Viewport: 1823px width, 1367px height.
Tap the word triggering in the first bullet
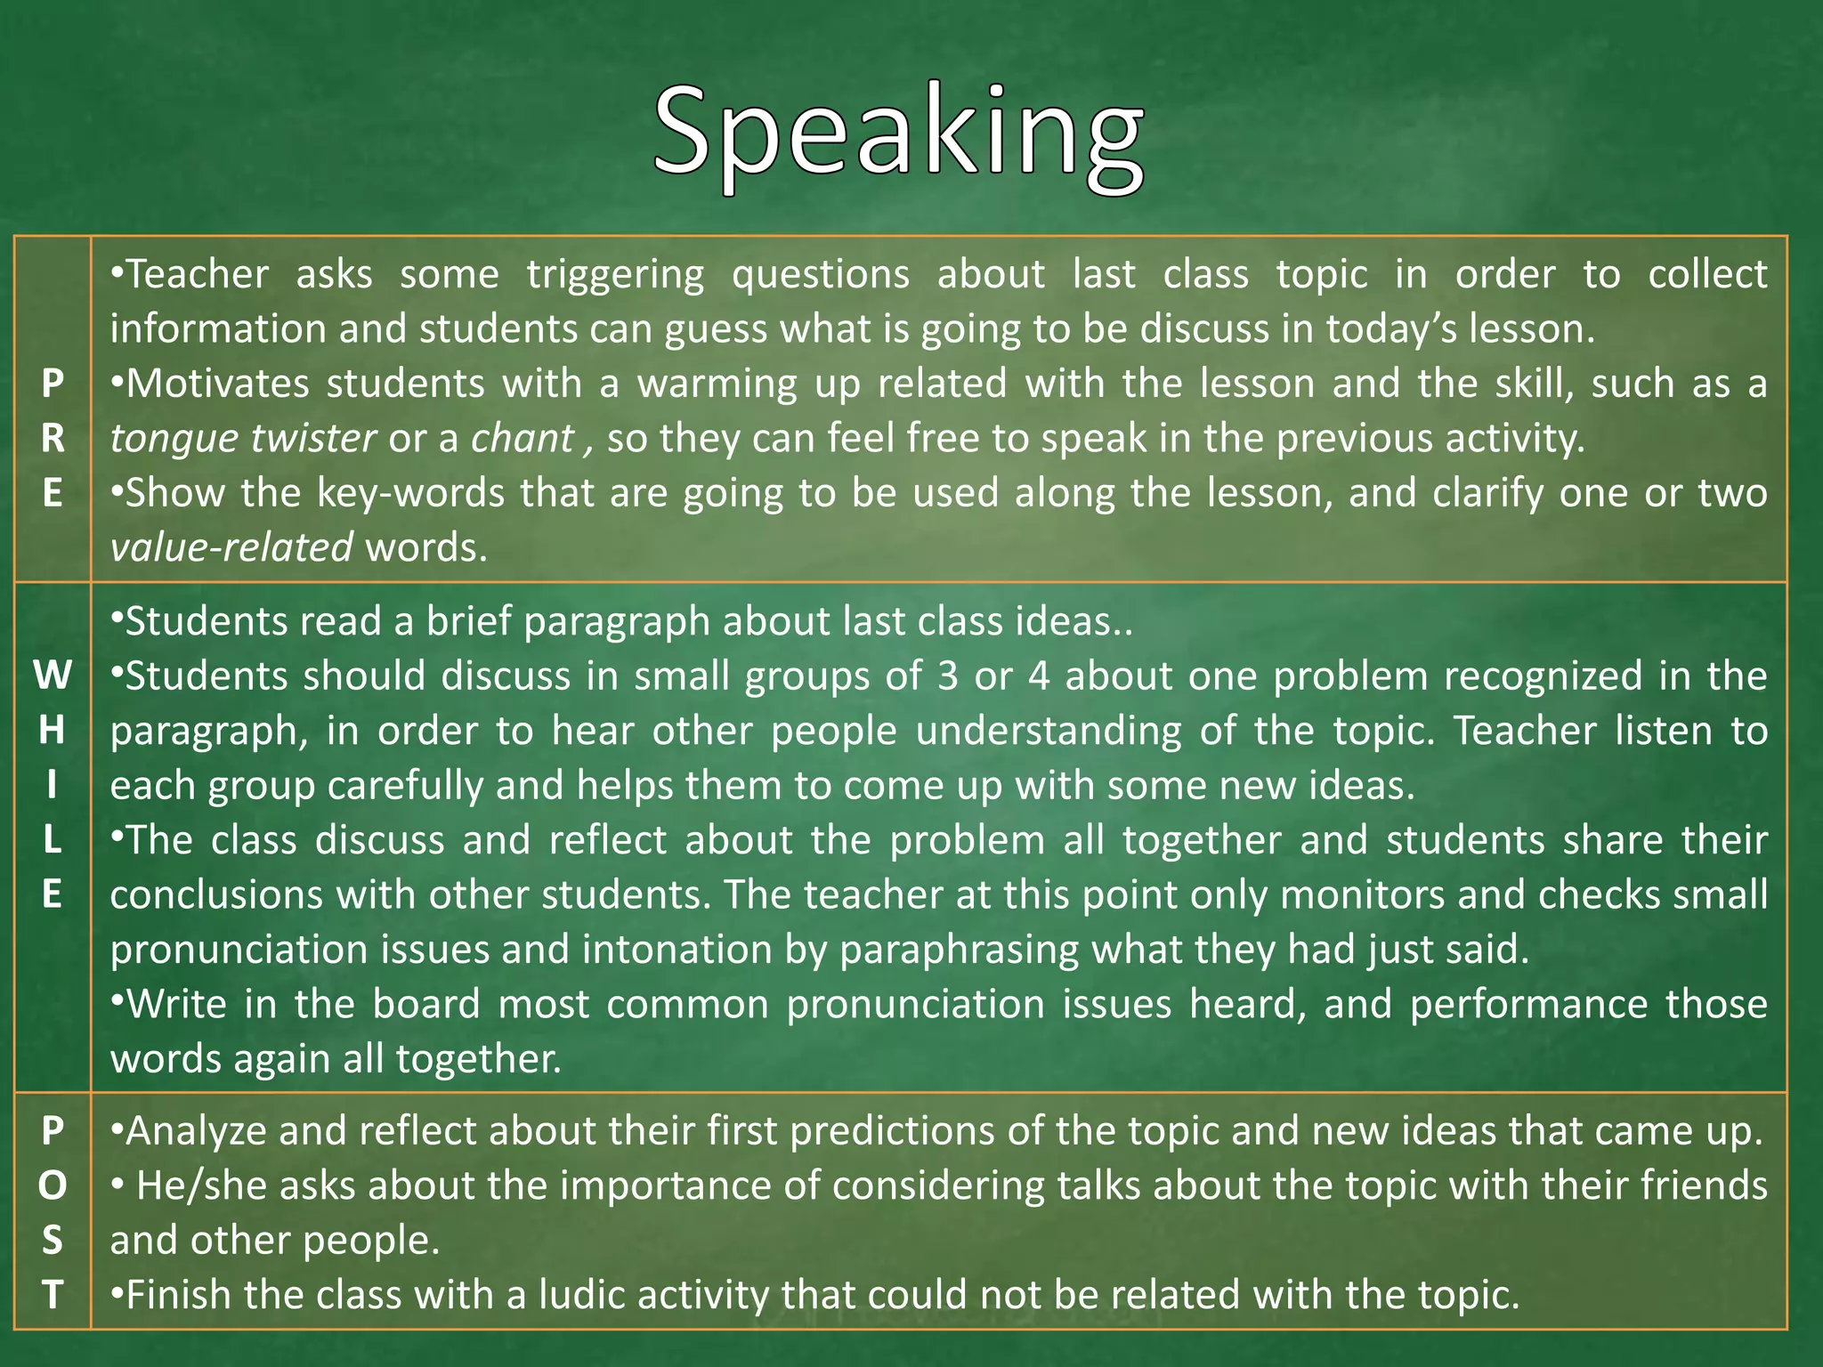(x=615, y=274)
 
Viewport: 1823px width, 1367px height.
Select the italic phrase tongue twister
(x=243, y=438)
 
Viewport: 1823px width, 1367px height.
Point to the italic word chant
(x=523, y=438)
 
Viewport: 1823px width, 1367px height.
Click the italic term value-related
(x=231, y=547)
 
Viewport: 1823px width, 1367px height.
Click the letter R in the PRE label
(x=53, y=438)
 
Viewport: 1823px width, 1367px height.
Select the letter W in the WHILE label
(x=53, y=676)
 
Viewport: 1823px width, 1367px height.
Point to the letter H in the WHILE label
(x=53, y=731)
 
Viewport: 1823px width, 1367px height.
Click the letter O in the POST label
(x=53, y=1185)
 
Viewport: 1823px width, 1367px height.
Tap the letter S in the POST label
(x=53, y=1240)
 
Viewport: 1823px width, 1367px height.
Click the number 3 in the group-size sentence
(x=947, y=676)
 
